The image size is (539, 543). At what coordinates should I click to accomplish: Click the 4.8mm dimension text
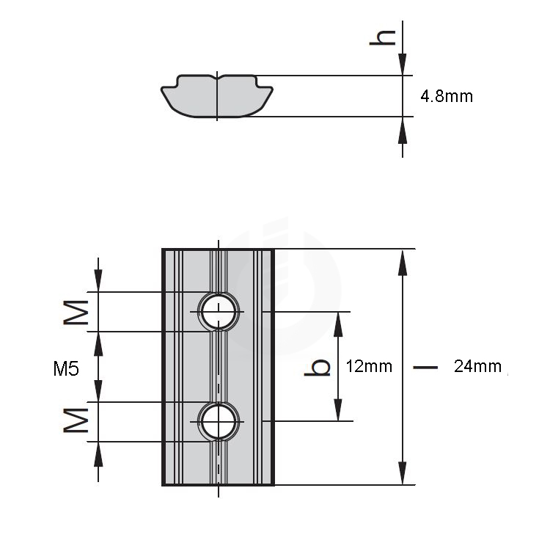447,95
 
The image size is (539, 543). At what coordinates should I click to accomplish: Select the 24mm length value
477,366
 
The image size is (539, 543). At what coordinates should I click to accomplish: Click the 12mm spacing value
369,366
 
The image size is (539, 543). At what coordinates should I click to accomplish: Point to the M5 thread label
66,368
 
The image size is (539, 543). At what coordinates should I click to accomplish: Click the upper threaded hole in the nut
219,312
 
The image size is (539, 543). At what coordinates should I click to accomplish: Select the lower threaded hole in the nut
219,422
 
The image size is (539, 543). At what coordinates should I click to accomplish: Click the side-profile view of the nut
217,95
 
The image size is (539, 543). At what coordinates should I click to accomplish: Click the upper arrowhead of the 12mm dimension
338,324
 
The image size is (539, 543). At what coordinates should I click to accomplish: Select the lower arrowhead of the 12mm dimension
338,409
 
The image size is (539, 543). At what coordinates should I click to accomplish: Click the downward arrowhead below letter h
403,64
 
